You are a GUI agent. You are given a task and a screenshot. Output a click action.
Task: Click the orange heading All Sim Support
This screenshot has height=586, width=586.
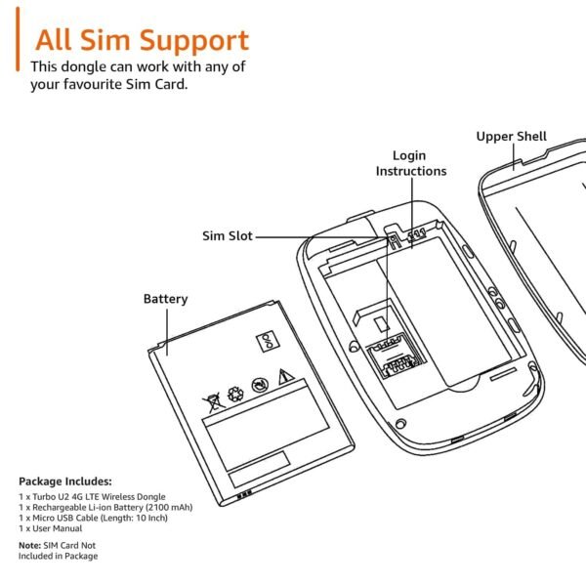coord(142,41)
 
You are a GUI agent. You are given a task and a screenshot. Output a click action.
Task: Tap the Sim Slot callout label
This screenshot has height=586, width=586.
coord(228,235)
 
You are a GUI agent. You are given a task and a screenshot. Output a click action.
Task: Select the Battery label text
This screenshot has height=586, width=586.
coord(165,299)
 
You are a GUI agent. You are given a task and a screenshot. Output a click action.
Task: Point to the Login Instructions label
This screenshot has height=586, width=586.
coord(411,163)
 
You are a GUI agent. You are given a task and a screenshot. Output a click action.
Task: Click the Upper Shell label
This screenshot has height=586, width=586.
coord(511,137)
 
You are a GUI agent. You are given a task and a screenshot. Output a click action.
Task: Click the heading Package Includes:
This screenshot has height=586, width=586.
coord(65,481)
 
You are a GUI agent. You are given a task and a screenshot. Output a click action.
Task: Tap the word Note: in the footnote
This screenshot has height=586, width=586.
coord(29,545)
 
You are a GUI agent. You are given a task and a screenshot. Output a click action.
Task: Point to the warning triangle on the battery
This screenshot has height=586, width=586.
coord(284,377)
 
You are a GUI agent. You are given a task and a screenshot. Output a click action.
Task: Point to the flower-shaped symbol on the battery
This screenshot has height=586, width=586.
coord(234,392)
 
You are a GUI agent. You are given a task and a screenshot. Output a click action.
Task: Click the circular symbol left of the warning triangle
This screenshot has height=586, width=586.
coord(259,384)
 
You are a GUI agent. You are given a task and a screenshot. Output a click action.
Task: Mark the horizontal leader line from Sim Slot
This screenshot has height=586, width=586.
coord(313,235)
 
